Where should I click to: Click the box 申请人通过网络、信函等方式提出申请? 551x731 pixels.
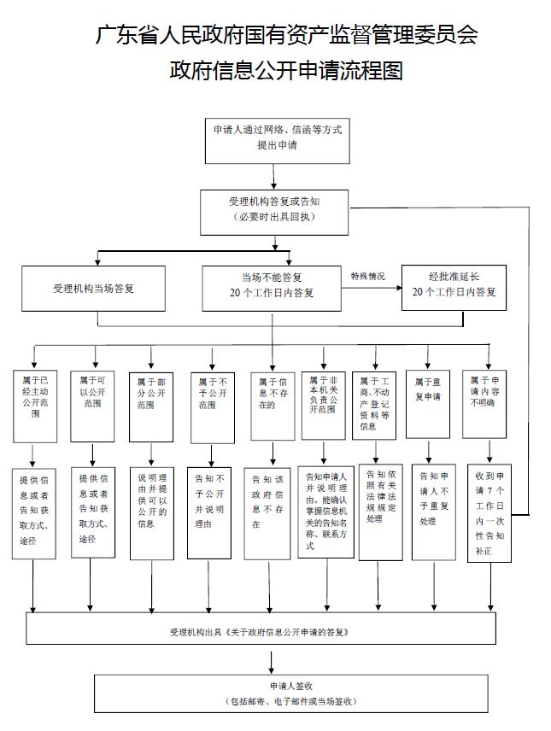pos(277,137)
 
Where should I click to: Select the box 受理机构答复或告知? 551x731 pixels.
pos(273,209)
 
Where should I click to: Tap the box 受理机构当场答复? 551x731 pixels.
pos(93,289)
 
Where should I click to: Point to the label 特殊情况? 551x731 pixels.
pos(368,277)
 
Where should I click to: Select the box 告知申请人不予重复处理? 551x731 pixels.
pos(433,511)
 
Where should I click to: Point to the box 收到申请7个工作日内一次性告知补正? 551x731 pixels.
pos(490,512)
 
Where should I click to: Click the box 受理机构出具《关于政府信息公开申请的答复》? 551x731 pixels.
pos(272,633)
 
